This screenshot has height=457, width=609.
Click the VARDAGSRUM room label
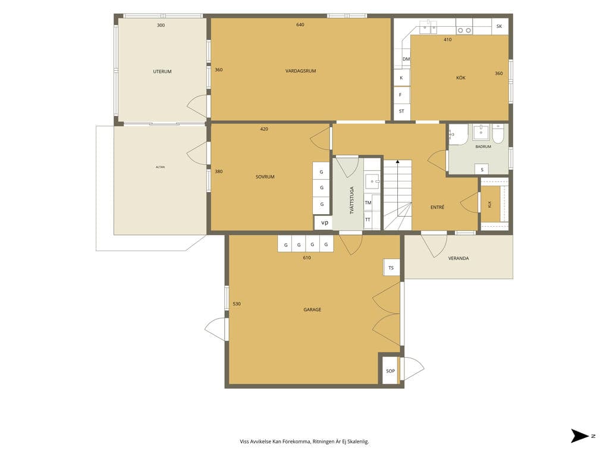(300, 71)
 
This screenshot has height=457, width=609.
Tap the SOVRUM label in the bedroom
(265, 177)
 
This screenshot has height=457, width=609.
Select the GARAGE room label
(312, 309)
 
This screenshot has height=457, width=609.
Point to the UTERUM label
(162, 71)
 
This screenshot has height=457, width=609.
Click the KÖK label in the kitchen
(461, 78)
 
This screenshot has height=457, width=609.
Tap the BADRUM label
(483, 146)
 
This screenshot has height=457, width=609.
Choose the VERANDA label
(459, 258)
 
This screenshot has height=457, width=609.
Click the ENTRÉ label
(437, 207)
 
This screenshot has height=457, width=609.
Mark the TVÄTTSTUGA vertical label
(352, 201)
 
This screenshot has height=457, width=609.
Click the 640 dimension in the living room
(300, 25)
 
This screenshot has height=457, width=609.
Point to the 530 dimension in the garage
(237, 304)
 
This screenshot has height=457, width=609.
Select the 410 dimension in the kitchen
(447, 40)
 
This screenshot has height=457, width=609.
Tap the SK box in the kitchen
(500, 26)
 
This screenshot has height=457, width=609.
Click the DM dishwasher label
(406, 59)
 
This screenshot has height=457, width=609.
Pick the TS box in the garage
(391, 267)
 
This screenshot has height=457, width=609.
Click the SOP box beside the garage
(390, 371)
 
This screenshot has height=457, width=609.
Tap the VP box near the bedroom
(324, 223)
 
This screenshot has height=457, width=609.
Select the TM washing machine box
(368, 202)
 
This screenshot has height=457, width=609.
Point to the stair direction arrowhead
(398, 161)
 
